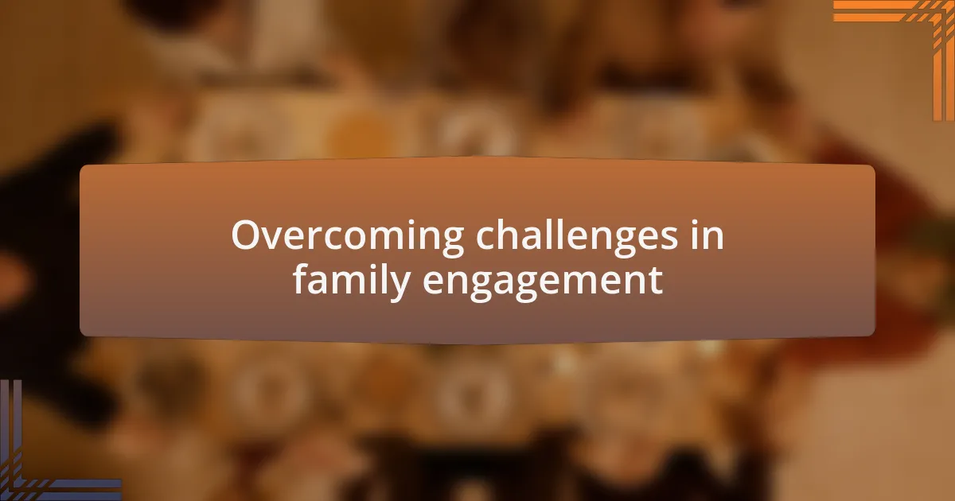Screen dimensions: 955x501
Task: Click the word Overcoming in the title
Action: point(348,236)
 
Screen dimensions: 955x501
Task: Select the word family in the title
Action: point(352,281)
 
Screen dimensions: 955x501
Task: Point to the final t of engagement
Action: point(656,282)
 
